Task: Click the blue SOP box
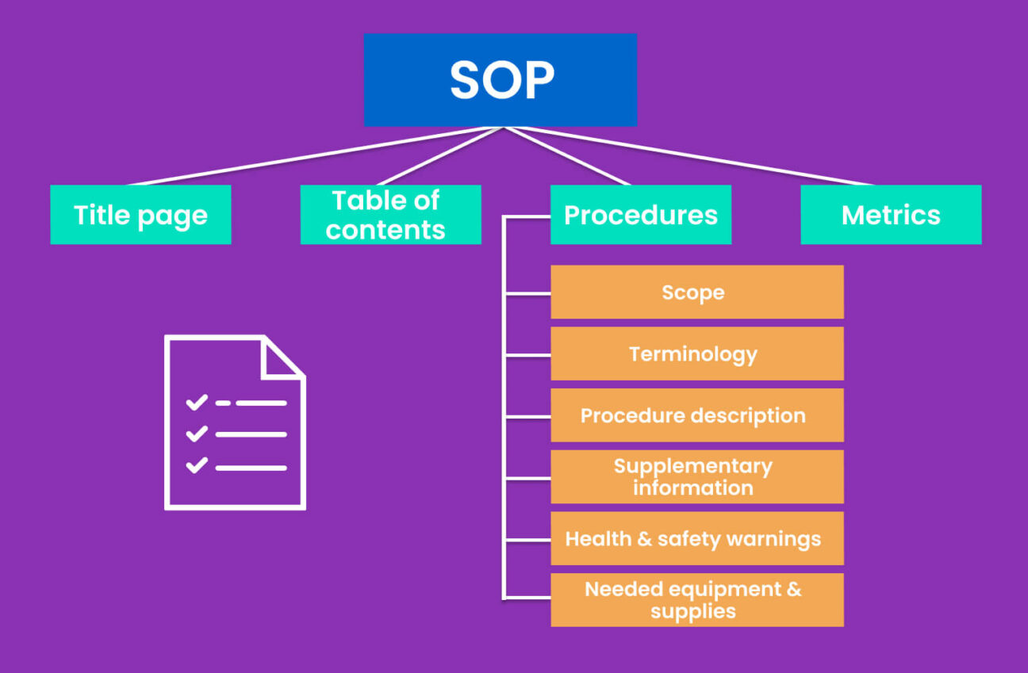500,79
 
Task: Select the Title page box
140,215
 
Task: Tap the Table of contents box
390,215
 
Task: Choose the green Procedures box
640,215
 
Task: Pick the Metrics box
891,215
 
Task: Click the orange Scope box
696,292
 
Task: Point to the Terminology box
696,354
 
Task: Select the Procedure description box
696,415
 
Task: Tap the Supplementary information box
696,476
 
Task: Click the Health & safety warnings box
696,538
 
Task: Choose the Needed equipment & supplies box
696,600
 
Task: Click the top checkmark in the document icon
196,403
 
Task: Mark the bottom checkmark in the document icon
196,465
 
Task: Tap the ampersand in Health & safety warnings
644,539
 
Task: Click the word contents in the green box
385,230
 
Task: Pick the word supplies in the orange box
693,612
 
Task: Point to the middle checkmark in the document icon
196,434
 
